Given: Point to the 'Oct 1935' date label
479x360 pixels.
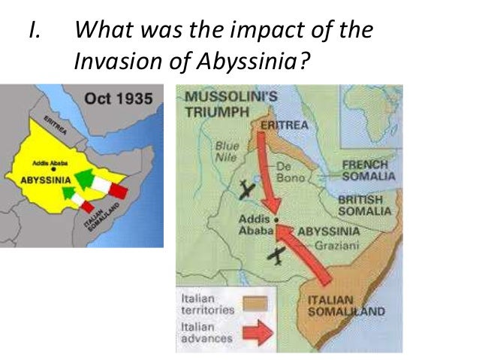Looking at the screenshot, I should pyautogui.click(x=119, y=98).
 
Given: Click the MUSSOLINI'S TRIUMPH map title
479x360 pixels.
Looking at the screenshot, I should pyautogui.click(x=222, y=103).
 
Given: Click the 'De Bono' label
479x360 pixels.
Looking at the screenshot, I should pyautogui.click(x=291, y=173).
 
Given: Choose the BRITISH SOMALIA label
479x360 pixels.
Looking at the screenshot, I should pyautogui.click(x=365, y=206).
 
